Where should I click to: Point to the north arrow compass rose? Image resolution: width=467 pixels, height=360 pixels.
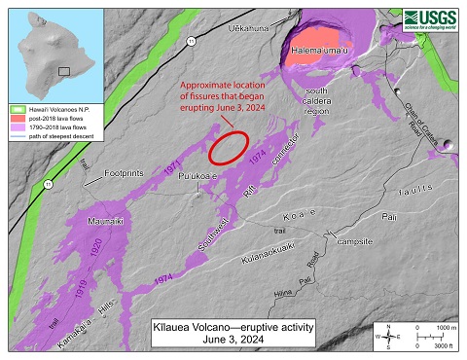tap(388, 336)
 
